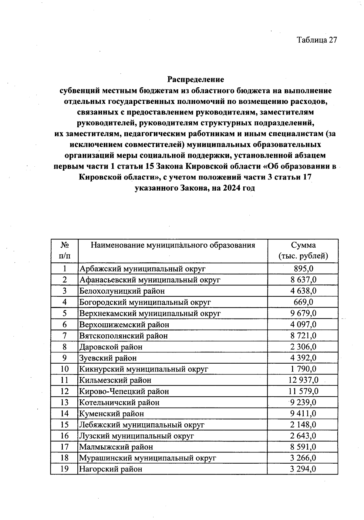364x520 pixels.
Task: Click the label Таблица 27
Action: coord(317,40)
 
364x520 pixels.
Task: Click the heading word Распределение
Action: coord(196,79)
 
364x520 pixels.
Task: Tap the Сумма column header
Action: coord(303,250)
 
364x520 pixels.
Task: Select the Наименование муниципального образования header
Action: coord(173,245)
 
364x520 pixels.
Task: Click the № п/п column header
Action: coord(64,250)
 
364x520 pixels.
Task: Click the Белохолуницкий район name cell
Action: coord(122,291)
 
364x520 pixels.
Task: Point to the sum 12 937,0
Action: coord(303,380)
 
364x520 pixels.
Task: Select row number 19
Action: coord(64,469)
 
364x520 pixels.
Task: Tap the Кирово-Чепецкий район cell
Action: coord(124,391)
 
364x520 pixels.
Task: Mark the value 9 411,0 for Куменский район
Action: coord(303,413)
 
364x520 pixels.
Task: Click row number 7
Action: coord(64,335)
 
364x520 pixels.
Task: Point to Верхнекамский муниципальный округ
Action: coord(150,313)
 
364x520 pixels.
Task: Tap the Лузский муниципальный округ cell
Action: coord(136,436)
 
